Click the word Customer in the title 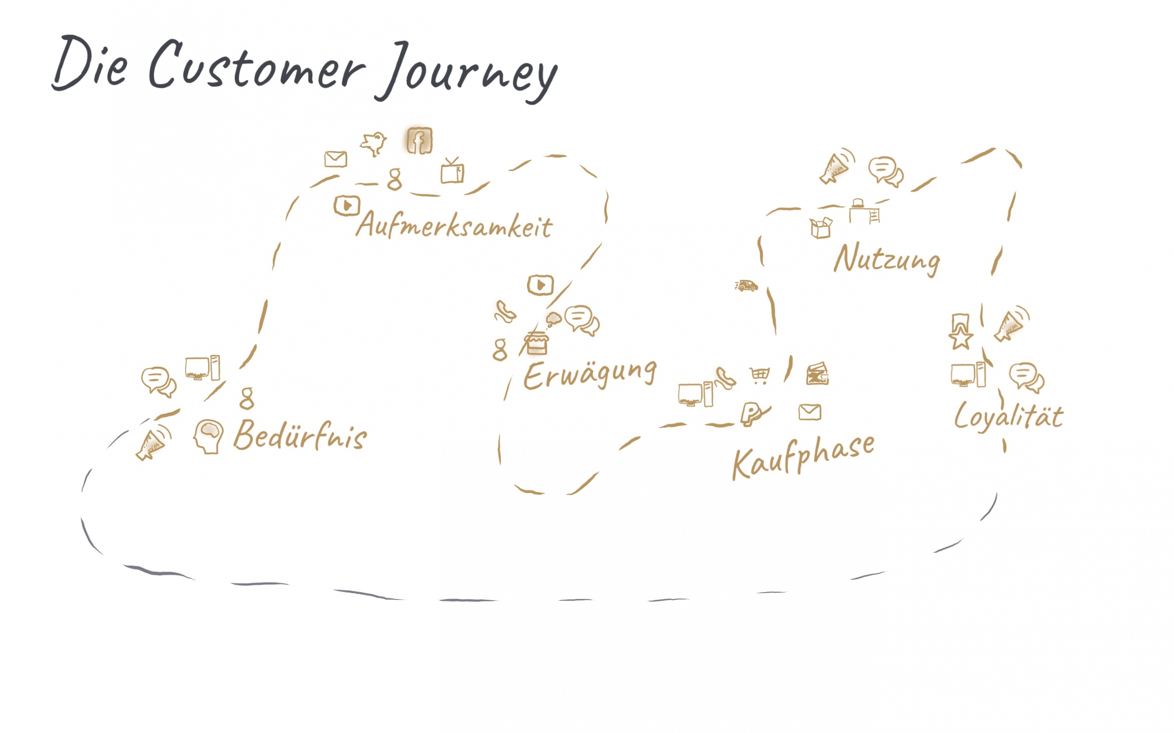coord(257,66)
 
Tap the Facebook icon coord(420,141)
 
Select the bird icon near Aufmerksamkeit coord(373,143)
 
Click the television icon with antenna coord(452,171)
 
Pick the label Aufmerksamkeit coord(454,226)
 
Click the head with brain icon coord(209,436)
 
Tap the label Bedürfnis coord(300,435)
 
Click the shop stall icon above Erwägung coord(536,343)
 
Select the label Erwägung coord(590,374)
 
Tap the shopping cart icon coord(759,375)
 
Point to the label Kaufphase coord(803,456)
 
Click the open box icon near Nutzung coord(820,228)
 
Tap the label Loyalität coord(1008,416)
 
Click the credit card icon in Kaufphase coord(817,374)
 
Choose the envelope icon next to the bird coord(336,158)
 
